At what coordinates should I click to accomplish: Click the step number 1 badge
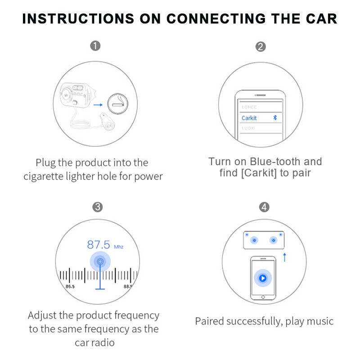[x=95, y=46]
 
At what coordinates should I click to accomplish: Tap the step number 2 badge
[x=261, y=46]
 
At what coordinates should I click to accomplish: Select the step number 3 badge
[x=98, y=207]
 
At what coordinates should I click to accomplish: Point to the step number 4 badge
[x=265, y=207]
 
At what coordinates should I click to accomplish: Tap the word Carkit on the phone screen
[x=249, y=118]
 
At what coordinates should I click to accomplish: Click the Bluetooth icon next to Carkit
[x=276, y=117]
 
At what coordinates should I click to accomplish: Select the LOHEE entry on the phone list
[x=249, y=107]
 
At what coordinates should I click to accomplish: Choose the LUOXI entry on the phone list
[x=249, y=128]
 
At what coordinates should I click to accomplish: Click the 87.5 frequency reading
[x=99, y=245]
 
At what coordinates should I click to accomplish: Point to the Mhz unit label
[x=118, y=247]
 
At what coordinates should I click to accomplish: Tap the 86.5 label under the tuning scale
[x=70, y=286]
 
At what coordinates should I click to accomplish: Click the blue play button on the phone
[x=263, y=279]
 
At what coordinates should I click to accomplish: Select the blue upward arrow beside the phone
[x=284, y=257]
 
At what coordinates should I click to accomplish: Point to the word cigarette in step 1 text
[x=45, y=176]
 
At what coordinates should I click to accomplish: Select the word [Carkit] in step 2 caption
[x=259, y=173]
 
